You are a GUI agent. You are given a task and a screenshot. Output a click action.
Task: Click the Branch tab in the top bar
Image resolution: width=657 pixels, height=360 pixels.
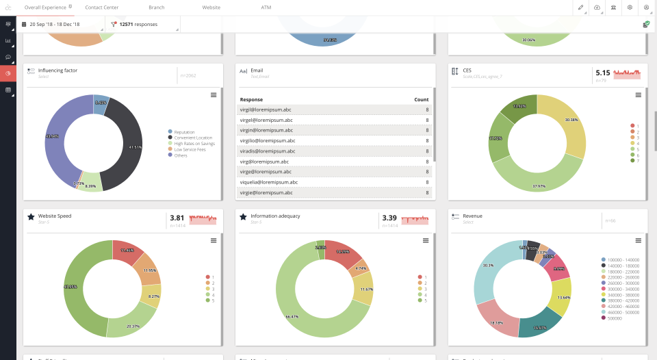(156, 7)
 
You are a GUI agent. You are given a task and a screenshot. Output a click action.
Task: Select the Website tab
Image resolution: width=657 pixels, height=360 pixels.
(211, 7)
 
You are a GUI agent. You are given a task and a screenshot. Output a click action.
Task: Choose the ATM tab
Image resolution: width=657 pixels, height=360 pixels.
(266, 7)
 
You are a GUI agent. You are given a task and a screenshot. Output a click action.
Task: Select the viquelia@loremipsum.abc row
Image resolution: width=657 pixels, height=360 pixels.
(269, 182)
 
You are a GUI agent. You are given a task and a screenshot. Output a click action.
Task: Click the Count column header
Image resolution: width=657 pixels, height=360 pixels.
(422, 99)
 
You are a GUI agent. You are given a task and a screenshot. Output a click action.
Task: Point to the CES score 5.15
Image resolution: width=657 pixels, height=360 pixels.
(602, 73)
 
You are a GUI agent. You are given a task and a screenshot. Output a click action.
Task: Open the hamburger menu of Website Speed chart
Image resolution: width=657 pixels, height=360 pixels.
(214, 240)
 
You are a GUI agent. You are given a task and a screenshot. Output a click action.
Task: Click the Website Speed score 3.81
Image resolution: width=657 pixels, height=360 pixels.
(177, 218)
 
